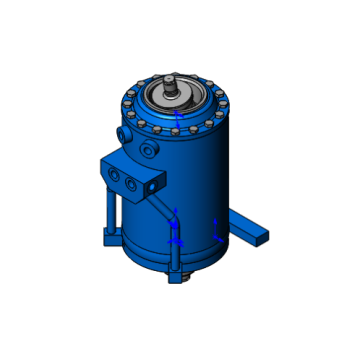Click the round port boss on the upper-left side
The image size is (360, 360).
point(123,132)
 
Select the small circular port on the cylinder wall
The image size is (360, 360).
point(150,151)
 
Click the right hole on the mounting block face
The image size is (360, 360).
point(131,183)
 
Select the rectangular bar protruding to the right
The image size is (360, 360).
point(253,231)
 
